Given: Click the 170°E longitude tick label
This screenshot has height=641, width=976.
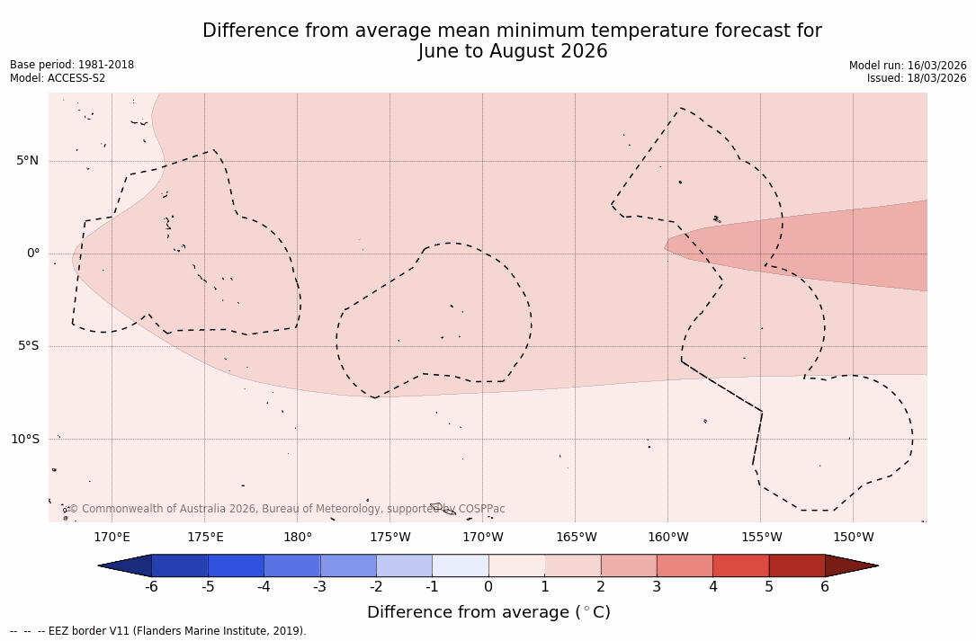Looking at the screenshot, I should point(112,538).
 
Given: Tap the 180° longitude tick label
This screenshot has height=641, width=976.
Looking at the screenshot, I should point(298,538).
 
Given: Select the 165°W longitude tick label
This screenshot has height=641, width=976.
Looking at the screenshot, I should point(576,538).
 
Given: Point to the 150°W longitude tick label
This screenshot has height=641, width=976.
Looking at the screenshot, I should point(853,538).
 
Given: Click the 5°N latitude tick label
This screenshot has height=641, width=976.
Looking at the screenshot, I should point(27,161).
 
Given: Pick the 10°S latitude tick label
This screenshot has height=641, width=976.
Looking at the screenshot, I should point(24,440).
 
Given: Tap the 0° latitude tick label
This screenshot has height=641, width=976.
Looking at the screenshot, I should point(33,254).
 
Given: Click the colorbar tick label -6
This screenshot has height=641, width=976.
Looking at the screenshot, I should point(151,587).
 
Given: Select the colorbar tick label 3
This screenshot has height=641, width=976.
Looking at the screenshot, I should point(657,587).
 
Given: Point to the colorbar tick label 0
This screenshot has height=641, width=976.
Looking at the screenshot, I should point(488,587).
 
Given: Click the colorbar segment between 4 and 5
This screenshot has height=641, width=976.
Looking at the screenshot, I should point(740,565).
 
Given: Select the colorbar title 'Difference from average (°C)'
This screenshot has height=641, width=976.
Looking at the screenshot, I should point(488,612).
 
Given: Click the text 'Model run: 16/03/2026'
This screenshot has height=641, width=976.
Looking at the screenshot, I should point(908,66).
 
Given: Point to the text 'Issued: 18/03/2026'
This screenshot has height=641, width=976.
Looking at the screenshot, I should point(916,78).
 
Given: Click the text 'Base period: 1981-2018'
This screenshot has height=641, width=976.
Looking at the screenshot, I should point(72,65).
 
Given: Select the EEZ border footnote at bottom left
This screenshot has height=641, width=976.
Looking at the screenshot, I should point(158,631).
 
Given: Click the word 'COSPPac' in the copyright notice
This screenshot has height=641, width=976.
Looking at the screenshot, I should point(481,509).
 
